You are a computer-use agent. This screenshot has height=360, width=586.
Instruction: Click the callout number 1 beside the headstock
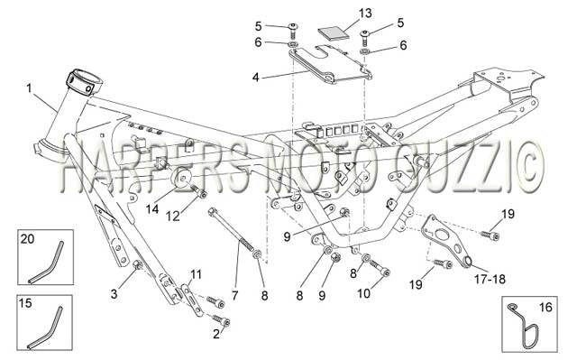tap(29, 88)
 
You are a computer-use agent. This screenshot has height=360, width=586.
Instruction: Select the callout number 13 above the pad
tap(365, 14)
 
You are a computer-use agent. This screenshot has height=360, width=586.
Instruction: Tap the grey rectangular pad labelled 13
tap(334, 32)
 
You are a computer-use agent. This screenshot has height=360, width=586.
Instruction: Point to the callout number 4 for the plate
tap(256, 78)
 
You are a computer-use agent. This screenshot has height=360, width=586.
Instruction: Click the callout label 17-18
tap(490, 279)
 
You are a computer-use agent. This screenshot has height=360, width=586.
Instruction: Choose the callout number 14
tap(152, 209)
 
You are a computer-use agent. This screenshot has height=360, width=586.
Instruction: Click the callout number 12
tap(173, 216)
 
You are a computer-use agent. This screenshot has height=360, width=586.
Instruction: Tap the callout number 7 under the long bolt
tap(234, 296)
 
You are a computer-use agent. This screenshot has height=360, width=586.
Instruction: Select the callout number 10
tap(363, 293)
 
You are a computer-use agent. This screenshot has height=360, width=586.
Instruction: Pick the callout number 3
tap(114, 294)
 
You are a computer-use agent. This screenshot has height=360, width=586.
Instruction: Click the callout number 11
tap(196, 275)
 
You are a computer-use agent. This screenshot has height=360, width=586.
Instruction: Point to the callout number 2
tap(216, 334)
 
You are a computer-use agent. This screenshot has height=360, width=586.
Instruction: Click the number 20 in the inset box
tap(27, 238)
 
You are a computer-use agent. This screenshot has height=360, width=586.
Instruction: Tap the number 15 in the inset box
tap(25, 303)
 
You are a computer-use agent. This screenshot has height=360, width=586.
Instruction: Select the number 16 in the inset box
tap(545, 308)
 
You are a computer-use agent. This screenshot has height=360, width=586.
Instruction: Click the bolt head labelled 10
tap(385, 272)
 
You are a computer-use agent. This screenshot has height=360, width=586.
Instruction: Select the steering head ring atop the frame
tap(84, 82)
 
